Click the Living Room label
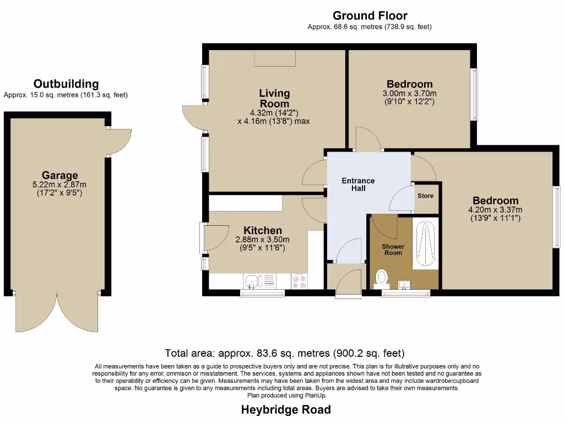coord(274,99)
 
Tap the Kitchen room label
coord(263,230)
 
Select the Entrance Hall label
coord(358,185)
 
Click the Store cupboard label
coord(425,196)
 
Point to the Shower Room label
coord(393,250)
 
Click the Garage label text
coord(59,176)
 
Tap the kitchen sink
coord(252,281)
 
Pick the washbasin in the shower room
coord(405,284)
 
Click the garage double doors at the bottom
coord(57,313)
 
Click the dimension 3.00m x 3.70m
coord(409,94)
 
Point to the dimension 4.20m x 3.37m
coord(495,210)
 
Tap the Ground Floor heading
coord(370,15)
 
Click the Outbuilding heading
coord(66,84)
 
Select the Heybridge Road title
coord(286,410)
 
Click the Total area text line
coord(285,353)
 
